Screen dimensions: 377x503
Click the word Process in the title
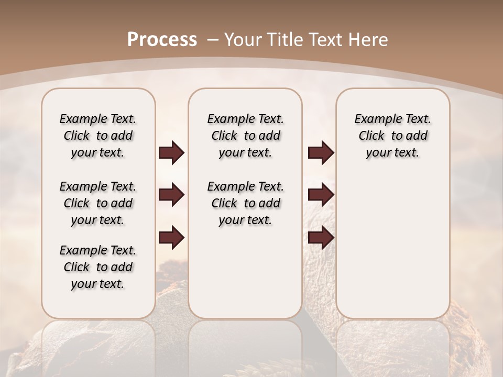(x=162, y=40)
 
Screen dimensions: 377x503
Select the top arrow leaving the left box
(x=171, y=153)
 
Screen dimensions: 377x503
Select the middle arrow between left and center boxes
(x=171, y=195)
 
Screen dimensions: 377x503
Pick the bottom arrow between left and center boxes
(x=171, y=238)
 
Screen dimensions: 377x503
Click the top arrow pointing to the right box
(x=321, y=153)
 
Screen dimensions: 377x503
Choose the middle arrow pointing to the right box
(x=321, y=195)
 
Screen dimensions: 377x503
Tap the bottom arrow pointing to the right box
(x=321, y=238)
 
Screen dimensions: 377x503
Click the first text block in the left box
(x=98, y=136)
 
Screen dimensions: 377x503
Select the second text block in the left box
(x=98, y=203)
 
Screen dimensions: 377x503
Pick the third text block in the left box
(x=98, y=267)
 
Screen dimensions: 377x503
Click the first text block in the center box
(x=245, y=136)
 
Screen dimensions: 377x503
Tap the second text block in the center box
(x=245, y=203)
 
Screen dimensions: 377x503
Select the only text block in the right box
(x=392, y=136)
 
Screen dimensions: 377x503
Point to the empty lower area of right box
(x=392, y=246)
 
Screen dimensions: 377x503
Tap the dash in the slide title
(x=213, y=40)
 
